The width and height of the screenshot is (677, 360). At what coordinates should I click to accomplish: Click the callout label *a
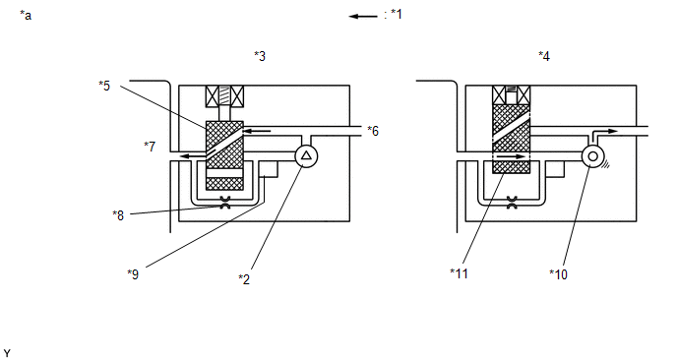point(26,16)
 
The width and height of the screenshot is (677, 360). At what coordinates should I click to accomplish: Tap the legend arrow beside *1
point(363,17)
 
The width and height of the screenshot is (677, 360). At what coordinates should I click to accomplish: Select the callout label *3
point(260,56)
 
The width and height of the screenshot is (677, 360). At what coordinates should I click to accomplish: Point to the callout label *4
point(544,56)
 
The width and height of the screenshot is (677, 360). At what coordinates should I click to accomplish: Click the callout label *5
point(104,86)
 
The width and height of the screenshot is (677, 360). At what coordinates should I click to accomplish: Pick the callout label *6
point(373,131)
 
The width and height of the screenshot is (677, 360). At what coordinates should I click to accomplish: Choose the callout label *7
point(150,147)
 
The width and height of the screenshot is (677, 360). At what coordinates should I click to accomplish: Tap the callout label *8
point(118,215)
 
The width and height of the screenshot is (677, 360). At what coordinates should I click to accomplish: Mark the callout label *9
point(133,274)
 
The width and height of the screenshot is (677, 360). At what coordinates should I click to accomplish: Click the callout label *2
point(244,279)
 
